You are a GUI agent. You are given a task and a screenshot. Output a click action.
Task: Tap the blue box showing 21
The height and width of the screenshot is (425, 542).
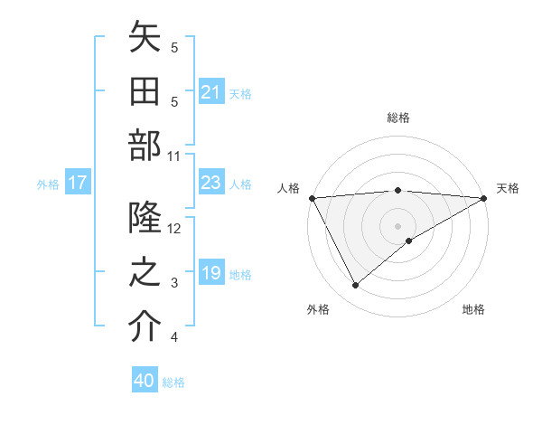click(210, 92)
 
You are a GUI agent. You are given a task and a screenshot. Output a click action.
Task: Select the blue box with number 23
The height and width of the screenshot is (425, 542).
click(210, 183)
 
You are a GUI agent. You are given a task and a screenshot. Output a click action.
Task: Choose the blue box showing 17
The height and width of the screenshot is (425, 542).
click(77, 184)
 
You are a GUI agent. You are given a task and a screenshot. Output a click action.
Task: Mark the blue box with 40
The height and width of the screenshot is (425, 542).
click(145, 381)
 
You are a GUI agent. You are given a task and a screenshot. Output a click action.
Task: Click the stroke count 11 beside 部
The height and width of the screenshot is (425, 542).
click(175, 156)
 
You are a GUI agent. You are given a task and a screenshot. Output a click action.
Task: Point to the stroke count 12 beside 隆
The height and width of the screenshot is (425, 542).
click(175, 228)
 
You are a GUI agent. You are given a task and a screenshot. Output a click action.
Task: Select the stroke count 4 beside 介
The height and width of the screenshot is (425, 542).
click(175, 337)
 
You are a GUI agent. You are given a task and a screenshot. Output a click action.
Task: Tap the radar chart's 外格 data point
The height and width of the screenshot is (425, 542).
click(355, 286)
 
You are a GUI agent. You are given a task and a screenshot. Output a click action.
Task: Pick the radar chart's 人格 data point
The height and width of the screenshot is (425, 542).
click(312, 197)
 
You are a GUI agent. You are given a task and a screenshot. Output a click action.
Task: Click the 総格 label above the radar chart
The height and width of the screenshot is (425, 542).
click(397, 118)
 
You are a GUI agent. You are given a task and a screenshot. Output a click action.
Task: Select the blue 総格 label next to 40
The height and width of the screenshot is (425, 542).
click(173, 382)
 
